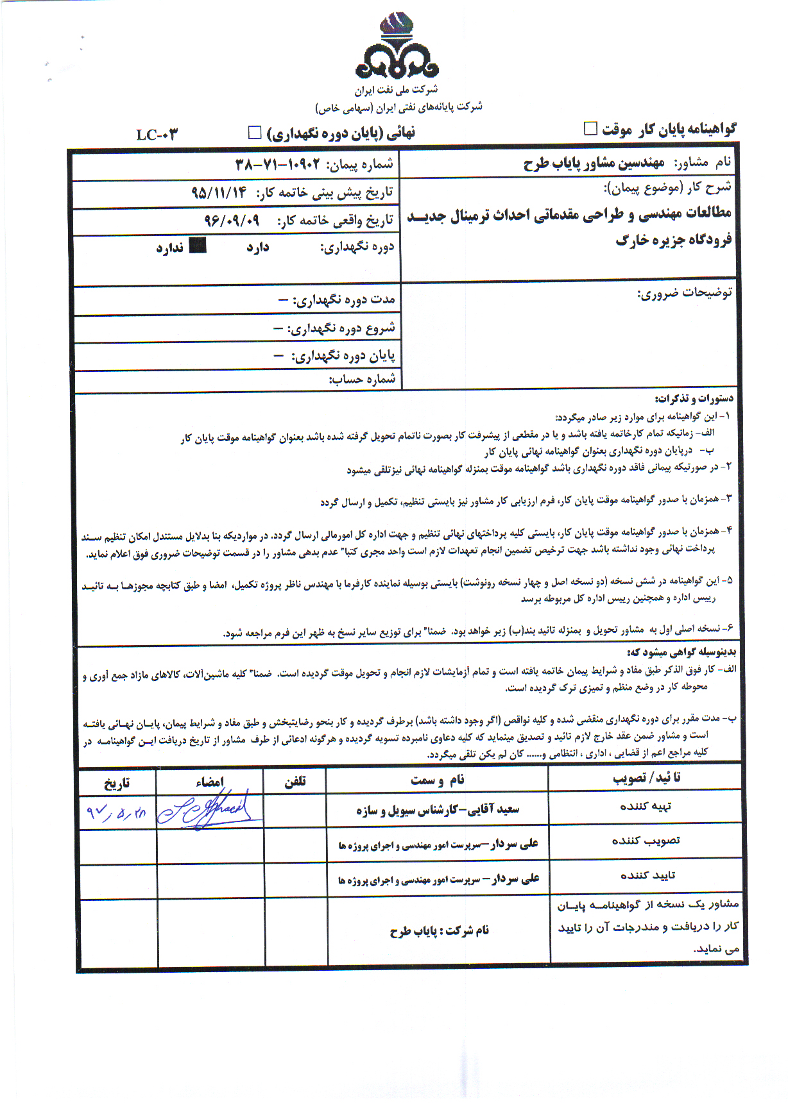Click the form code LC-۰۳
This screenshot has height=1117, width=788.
[157, 135]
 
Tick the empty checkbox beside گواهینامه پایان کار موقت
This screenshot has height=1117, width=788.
[590, 128]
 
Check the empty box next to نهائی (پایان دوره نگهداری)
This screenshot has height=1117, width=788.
[255, 132]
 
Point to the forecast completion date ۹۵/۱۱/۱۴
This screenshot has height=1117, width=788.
[219, 192]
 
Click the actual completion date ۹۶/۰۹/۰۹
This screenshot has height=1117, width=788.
[232, 220]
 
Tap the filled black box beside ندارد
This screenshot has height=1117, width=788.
[198, 246]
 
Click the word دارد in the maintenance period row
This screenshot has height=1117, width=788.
[257, 248]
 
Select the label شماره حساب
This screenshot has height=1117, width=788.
[362, 379]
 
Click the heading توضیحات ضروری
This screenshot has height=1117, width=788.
[684, 293]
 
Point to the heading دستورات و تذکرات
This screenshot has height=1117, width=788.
[694, 399]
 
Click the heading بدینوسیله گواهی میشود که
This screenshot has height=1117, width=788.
[681, 652]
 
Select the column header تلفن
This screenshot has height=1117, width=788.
[295, 781]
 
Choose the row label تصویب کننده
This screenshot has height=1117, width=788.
[646, 841]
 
